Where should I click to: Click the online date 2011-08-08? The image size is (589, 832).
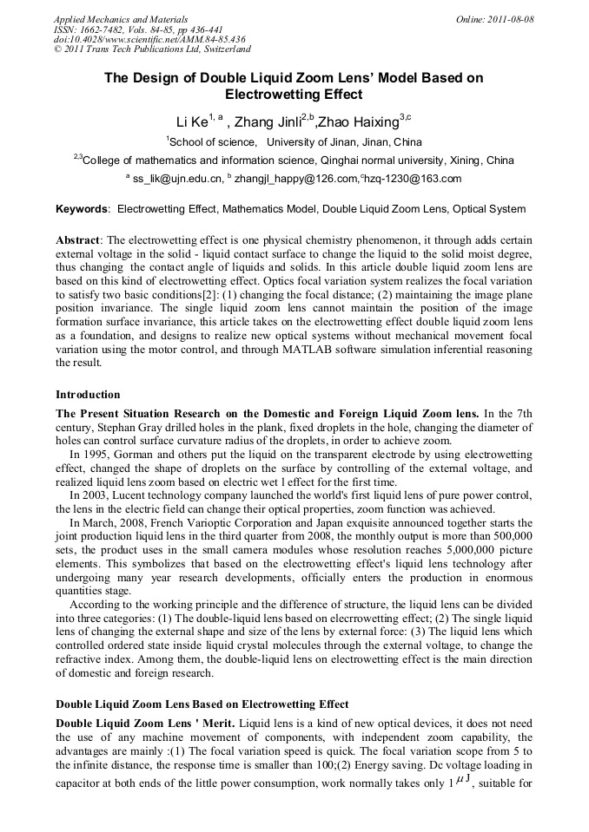511,19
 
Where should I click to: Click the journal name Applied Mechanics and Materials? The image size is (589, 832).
120,19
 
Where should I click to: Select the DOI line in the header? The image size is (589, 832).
149,40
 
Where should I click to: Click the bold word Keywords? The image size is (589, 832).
83,209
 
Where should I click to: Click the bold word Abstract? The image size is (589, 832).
78,239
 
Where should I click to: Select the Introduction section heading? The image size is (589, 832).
88,395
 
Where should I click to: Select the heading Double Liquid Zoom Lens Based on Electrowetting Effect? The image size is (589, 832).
202,704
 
